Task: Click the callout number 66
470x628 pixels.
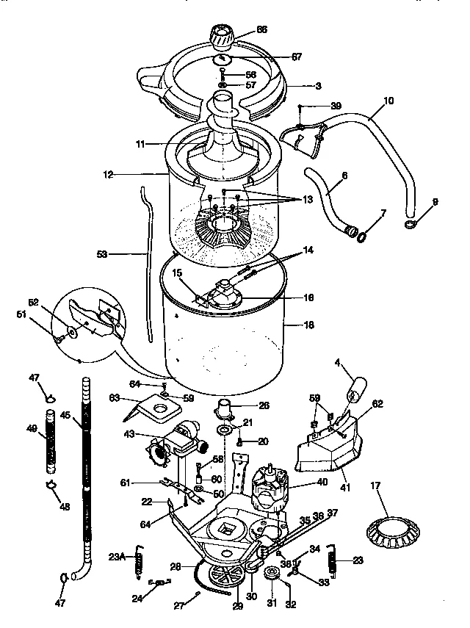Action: [x=261, y=30]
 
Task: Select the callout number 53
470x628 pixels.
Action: [x=101, y=255]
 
